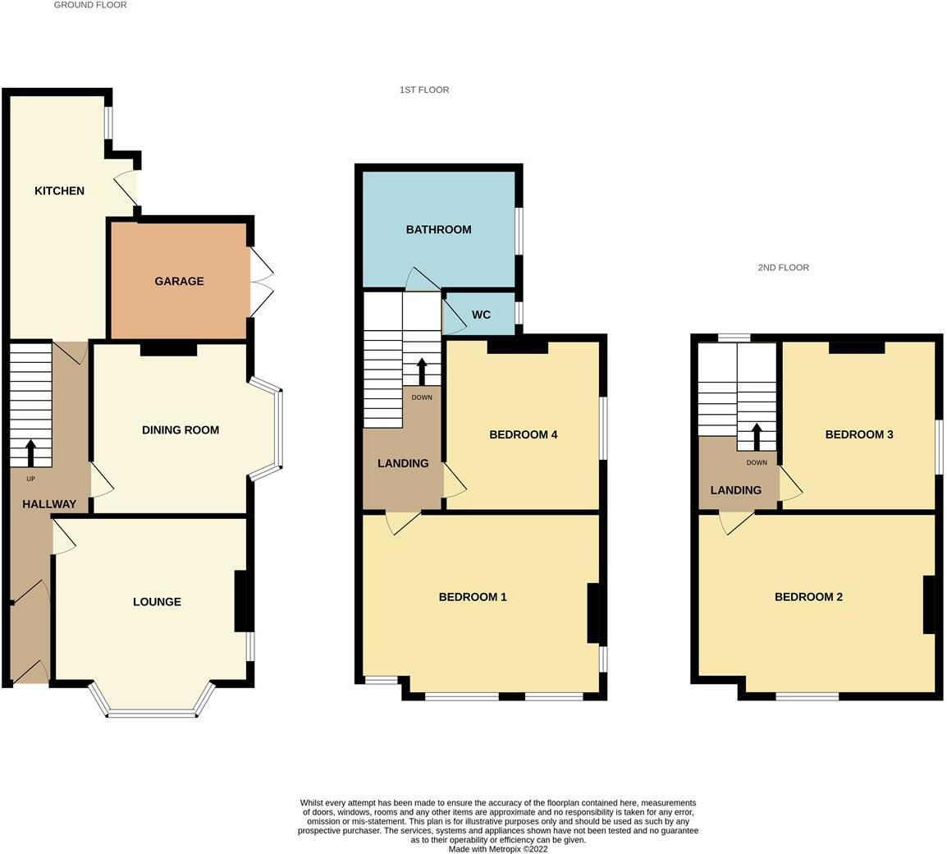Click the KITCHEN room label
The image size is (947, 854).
tap(59, 191)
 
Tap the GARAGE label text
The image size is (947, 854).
tap(179, 281)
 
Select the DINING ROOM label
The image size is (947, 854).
tap(181, 429)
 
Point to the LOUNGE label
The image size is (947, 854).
tap(157, 602)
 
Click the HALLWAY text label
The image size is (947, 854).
tap(49, 504)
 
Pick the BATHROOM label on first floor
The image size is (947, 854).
tap(438, 229)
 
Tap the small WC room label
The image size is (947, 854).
tap(481, 315)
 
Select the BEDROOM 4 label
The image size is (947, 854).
tap(524, 434)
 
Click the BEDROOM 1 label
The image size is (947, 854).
tap(473, 597)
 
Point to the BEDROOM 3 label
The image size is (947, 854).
tap(859, 434)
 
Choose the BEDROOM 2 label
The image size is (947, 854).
tap(808, 597)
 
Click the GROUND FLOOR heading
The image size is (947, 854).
tap(90, 5)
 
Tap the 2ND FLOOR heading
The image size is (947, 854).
tap(783, 268)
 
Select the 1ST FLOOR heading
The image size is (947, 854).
tap(424, 90)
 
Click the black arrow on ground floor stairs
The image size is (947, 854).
tap(31, 452)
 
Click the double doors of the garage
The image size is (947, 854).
tap(261, 282)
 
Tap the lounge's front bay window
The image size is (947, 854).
tap(152, 711)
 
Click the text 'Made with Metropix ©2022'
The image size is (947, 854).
tap(498, 849)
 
